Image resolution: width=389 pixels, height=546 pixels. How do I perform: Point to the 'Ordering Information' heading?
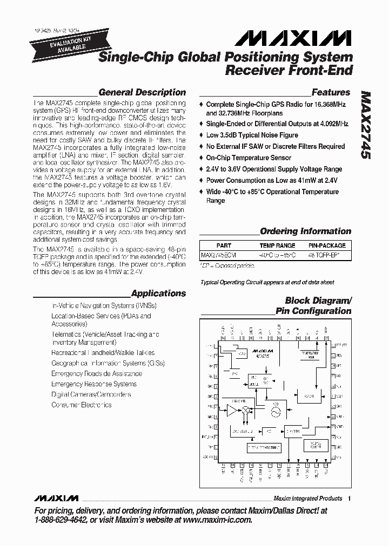coord(305,231)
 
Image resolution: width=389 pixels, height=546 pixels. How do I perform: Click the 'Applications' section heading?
coord(158,294)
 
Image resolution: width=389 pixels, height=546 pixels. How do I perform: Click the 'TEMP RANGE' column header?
coord(278,245)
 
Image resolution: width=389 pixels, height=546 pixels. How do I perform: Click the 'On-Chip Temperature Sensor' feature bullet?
coord(249,158)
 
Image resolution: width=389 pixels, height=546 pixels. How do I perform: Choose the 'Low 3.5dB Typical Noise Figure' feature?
coord(252,135)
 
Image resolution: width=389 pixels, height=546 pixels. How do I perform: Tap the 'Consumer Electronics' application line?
coord(81,405)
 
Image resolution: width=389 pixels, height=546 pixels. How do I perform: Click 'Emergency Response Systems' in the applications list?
coord(93,384)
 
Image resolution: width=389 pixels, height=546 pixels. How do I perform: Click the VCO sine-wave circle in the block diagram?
coord(276,411)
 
